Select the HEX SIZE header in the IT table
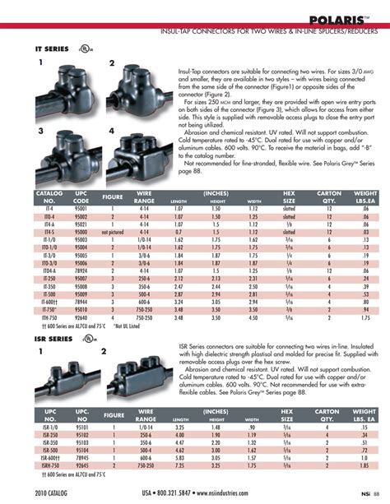289,198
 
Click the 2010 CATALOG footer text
53,492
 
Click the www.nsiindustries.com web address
247,492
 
